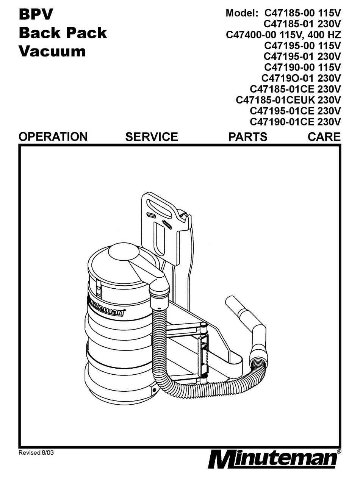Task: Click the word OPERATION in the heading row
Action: [53, 136]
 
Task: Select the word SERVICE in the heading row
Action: [152, 136]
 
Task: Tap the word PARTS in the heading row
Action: [247, 136]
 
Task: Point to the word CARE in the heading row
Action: [324, 136]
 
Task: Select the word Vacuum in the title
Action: [52, 51]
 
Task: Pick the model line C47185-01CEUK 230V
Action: [288, 100]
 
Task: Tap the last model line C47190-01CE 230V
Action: [295, 122]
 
